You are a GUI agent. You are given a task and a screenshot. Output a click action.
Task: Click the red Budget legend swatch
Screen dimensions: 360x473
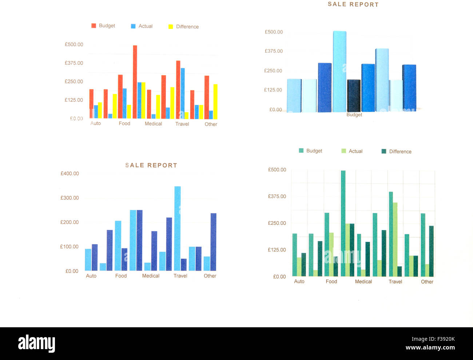tap(94, 26)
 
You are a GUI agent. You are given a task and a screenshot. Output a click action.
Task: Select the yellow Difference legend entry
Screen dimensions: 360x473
tap(184, 27)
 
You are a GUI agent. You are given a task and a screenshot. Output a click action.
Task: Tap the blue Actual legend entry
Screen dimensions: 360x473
tap(142, 26)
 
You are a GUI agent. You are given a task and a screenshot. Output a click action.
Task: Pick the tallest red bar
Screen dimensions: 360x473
tap(135, 82)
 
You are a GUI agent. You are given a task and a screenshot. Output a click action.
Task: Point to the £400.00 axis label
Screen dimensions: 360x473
tap(69, 173)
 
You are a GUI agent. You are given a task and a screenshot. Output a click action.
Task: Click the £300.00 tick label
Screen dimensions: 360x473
tap(69, 198)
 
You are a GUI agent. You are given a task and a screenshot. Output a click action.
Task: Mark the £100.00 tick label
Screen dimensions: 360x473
tap(69, 247)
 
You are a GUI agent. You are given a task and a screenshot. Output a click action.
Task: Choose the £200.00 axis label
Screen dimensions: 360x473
tap(69, 222)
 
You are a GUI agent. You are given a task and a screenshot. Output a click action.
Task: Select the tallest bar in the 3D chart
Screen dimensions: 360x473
tap(339, 72)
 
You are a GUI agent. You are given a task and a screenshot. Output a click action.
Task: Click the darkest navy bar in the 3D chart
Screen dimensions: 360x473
tap(354, 96)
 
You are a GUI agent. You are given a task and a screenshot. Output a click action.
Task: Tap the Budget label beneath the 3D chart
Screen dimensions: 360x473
tap(354, 115)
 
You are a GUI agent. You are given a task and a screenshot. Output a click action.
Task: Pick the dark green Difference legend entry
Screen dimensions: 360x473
tap(396, 151)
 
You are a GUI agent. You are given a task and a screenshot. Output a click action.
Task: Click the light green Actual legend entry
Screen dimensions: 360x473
tap(352, 151)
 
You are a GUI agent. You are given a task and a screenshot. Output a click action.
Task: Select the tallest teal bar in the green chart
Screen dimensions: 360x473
tap(343, 223)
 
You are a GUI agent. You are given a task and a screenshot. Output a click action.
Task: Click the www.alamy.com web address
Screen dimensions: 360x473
tap(430, 348)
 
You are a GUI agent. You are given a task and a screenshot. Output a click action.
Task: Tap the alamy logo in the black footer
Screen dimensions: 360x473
tap(36, 343)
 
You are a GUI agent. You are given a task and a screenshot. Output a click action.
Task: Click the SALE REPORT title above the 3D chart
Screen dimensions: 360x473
tap(353, 4)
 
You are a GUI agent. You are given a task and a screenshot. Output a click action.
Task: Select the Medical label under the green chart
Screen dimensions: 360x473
tap(363, 281)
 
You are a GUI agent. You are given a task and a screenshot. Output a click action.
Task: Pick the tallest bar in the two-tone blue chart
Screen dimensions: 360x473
tap(178, 228)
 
